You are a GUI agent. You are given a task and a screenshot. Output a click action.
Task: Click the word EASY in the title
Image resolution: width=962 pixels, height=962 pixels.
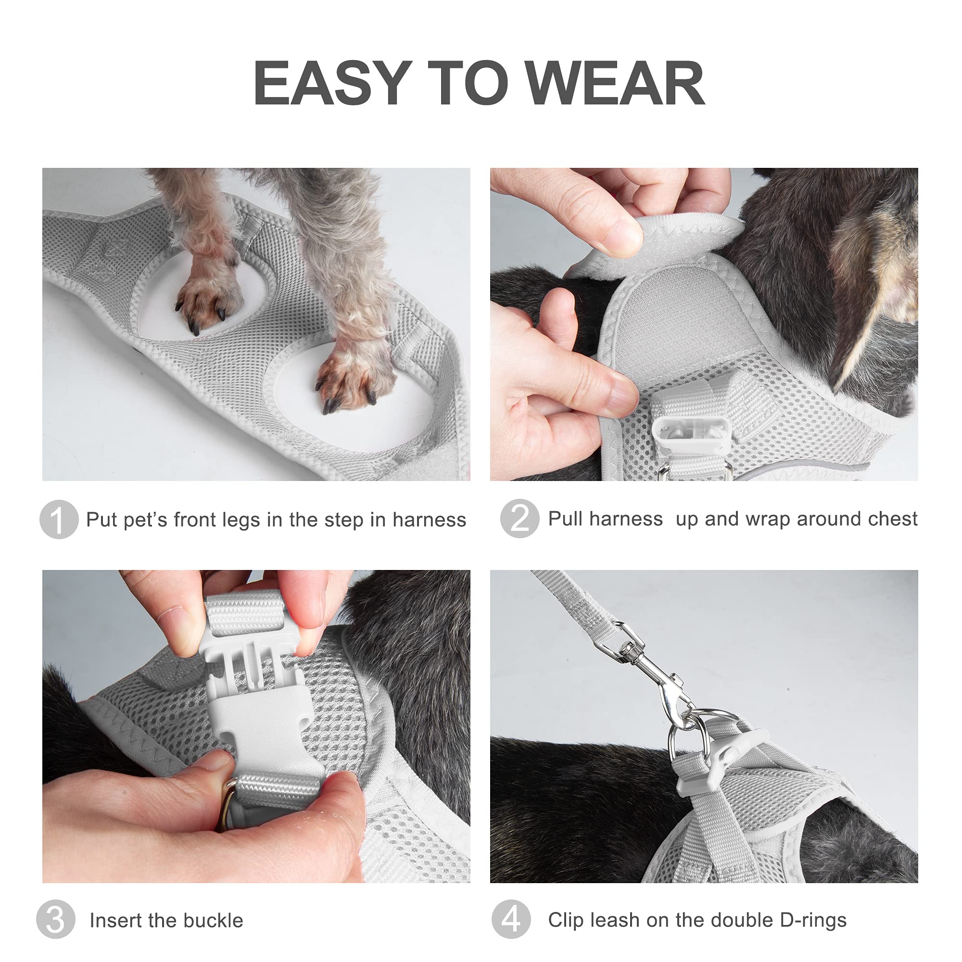[x=332, y=83]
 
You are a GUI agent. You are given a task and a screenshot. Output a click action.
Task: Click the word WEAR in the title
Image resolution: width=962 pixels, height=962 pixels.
[x=616, y=83]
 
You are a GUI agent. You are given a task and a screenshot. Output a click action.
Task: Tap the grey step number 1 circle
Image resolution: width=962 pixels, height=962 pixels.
[x=59, y=519]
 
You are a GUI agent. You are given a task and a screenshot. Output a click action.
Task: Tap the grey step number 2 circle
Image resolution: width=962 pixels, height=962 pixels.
[x=519, y=519]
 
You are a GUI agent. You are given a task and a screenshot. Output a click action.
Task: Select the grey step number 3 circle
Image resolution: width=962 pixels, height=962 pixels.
[x=56, y=919]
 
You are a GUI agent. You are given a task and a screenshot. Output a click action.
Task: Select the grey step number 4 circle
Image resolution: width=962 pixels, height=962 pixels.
[x=511, y=919]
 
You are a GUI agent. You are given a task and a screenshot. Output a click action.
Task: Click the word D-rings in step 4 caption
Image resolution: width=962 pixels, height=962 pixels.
[x=812, y=920]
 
